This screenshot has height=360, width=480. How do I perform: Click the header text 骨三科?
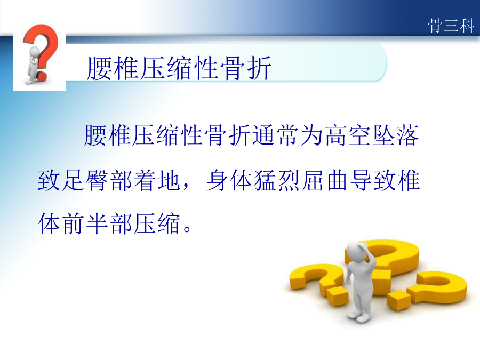451,25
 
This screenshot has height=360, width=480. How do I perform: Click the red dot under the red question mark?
42,76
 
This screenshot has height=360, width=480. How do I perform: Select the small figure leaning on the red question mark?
33,65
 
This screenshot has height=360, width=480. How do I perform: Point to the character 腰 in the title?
99,68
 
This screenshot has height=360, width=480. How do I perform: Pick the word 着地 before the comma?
157,180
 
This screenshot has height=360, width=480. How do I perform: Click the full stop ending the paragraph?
187,229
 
